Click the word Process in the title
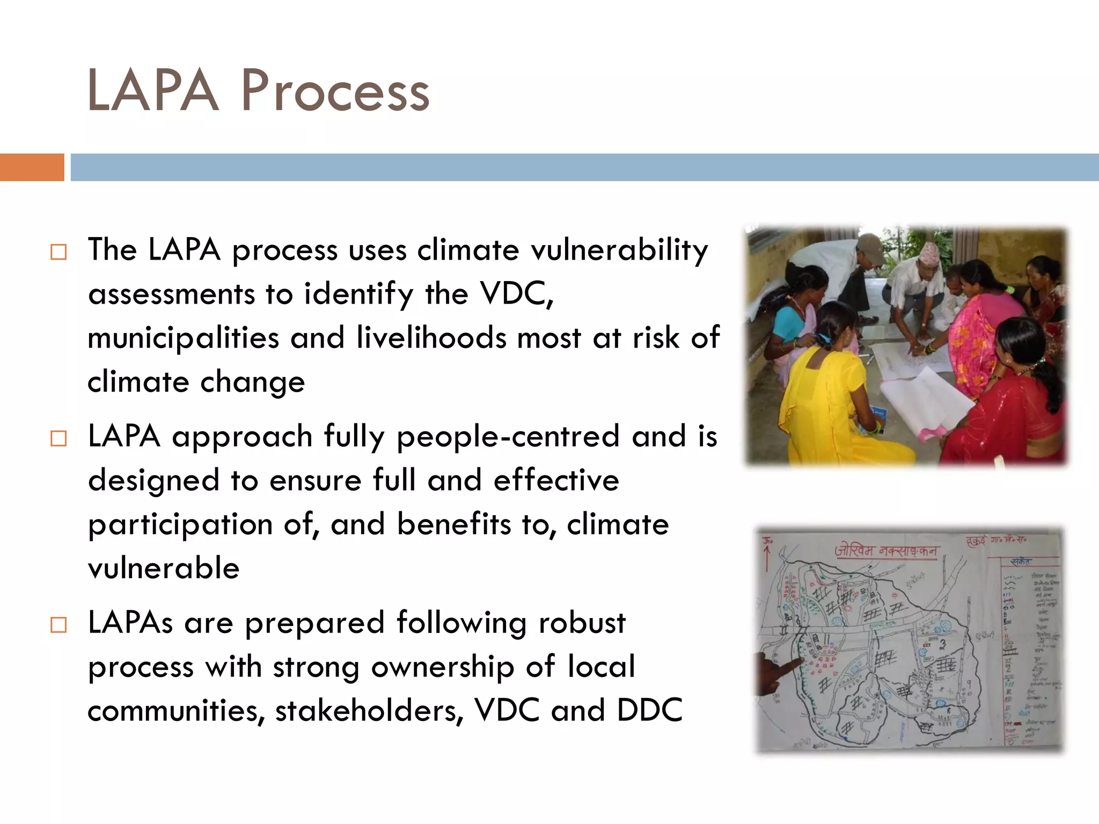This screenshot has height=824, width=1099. point(335,91)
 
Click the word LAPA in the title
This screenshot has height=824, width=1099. point(153,91)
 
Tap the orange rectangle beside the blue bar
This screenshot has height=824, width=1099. point(32,167)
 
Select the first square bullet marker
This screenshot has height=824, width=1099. point(58,252)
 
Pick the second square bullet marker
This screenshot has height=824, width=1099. point(58,438)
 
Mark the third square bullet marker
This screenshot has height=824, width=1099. point(58,625)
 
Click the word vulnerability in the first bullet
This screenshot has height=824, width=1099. point(619,250)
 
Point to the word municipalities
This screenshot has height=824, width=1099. point(184,338)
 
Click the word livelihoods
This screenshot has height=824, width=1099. point(431,338)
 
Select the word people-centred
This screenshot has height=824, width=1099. point(508,436)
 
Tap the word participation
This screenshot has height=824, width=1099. point(180,525)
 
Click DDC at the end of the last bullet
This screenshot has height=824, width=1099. point(649,710)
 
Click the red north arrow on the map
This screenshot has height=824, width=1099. point(767,555)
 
